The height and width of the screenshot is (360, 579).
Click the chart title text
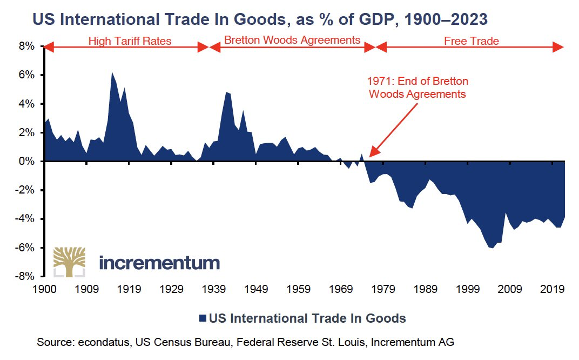(260, 20)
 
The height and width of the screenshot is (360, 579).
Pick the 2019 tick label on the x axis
(552, 289)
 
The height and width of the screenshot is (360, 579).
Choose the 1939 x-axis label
(213, 289)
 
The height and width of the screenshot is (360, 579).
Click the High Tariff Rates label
(130, 41)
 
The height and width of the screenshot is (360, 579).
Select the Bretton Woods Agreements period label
(292, 40)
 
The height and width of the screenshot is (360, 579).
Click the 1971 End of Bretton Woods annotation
(418, 87)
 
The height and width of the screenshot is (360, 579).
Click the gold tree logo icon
(69, 263)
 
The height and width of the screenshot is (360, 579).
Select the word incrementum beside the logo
(160, 263)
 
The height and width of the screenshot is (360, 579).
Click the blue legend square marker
(203, 318)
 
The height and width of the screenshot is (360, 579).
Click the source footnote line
(246, 342)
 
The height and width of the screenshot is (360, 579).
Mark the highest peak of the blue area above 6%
(112, 72)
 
